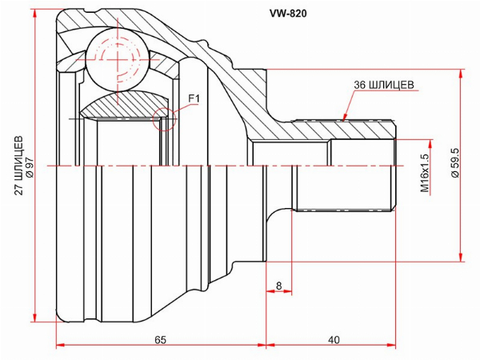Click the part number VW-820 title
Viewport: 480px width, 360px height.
tap(288, 14)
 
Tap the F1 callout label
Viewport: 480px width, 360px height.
tap(194, 98)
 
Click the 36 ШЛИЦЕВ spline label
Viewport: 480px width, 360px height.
tap(384, 85)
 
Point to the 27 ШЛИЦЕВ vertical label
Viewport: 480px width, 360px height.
tap(19, 165)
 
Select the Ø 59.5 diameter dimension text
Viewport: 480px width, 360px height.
tap(455, 162)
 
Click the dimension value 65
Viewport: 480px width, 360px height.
tap(160, 340)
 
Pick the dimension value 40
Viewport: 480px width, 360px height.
tap(334, 340)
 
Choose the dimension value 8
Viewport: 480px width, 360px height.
tap(278, 286)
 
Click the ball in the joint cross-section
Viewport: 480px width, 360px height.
tap(118, 60)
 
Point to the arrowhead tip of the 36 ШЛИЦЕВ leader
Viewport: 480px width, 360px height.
tap(343, 122)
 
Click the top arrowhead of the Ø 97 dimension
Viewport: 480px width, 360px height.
tap(36, 10)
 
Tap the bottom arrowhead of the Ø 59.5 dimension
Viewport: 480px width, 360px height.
tap(461, 261)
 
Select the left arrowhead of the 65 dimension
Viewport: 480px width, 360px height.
tap(58, 346)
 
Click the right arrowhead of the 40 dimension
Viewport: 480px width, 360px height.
tap(395, 346)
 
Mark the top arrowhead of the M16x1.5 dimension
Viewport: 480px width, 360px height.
tap(430, 140)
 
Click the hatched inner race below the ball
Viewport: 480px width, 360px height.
tap(124, 105)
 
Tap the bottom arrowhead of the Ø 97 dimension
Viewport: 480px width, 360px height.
tap(36, 322)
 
